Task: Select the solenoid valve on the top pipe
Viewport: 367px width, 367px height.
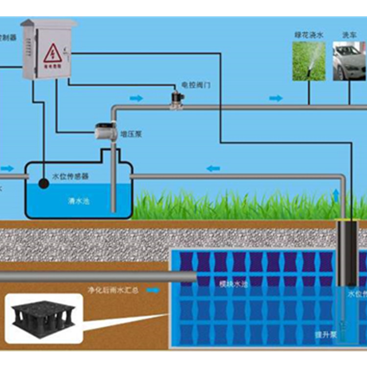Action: point(176,99)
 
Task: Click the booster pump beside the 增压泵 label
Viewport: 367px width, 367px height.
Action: point(105,131)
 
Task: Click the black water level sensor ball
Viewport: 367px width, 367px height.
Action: point(44,183)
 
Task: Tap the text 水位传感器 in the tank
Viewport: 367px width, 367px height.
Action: point(70,176)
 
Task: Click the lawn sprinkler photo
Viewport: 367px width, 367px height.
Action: point(309,61)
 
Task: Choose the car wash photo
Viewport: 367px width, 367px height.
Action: point(349,61)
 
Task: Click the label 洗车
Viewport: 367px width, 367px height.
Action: point(348,35)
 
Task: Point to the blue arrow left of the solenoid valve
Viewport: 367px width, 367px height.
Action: point(137,98)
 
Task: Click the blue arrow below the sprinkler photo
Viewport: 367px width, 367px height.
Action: point(276,98)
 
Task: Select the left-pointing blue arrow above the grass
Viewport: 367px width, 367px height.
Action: point(213,169)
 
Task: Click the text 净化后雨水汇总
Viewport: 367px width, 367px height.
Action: point(113,290)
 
